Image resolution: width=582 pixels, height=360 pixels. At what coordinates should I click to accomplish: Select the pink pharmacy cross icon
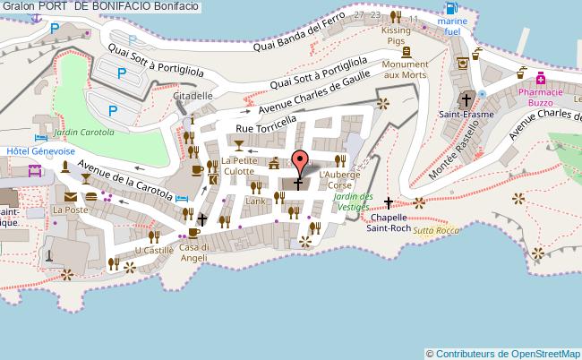542,78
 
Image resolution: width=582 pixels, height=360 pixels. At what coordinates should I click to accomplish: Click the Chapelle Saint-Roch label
389,222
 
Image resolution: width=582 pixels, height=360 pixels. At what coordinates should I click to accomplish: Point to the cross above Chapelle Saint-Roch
388,202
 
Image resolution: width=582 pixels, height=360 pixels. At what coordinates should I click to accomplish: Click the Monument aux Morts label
406,70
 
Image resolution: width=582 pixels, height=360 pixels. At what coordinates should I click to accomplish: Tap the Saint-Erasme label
466,114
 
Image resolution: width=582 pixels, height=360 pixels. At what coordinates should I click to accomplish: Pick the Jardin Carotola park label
83,132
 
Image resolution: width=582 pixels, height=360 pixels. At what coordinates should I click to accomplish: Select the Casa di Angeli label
193,253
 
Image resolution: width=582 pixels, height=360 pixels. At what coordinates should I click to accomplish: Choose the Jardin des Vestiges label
351,201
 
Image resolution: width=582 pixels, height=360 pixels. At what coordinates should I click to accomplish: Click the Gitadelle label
193,95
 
